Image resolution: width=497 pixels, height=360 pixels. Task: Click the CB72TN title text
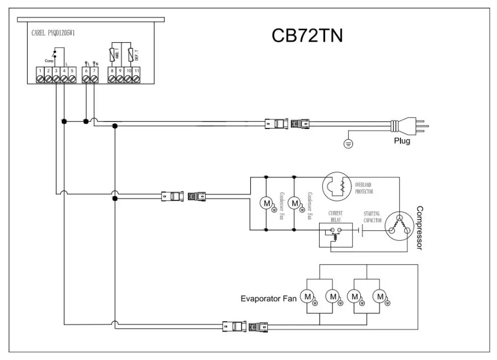[307, 36]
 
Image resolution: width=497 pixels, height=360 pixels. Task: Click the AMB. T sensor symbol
[113, 54]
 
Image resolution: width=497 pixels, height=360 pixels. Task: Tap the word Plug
[402, 142]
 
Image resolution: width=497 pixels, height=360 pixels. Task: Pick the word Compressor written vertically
[420, 228]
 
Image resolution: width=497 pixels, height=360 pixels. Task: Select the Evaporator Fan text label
[268, 299]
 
